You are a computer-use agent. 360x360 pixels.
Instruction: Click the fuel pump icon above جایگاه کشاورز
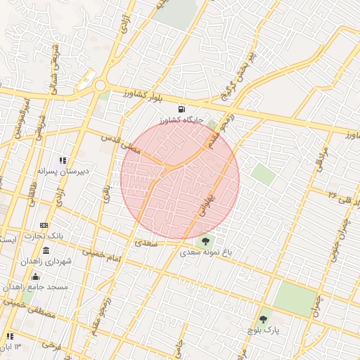click(x=183, y=109)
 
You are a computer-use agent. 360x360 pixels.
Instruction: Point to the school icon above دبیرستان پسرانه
click(x=63, y=160)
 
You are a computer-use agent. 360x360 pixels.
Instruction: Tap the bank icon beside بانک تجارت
click(x=45, y=225)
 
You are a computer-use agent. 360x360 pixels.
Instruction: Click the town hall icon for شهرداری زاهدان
click(x=46, y=251)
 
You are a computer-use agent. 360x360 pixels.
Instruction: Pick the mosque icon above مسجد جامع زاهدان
click(x=35, y=276)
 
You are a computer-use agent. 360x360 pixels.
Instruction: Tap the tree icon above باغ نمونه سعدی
click(x=205, y=240)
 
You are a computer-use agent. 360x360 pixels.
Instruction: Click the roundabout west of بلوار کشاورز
click(x=100, y=86)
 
